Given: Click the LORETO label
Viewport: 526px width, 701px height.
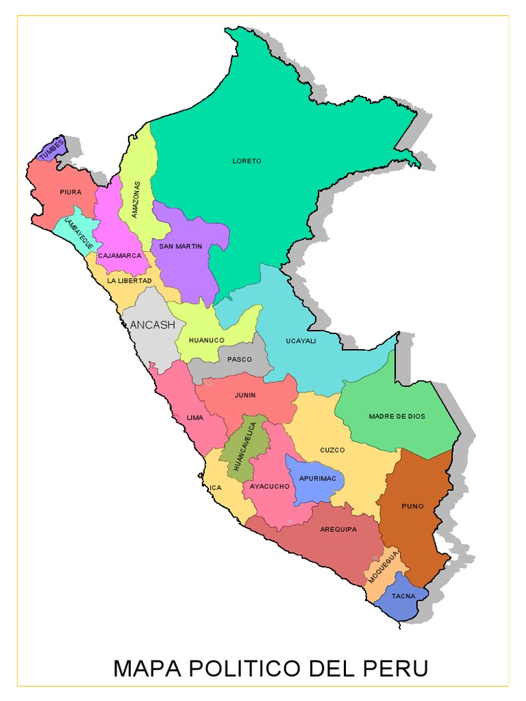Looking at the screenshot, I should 247,161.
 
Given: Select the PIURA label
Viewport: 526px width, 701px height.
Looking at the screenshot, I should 71,192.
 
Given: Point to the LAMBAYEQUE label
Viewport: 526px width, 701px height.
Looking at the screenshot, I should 78,233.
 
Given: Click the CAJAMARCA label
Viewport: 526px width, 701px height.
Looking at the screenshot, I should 119,255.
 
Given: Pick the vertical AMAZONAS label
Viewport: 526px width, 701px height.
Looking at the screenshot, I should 136,199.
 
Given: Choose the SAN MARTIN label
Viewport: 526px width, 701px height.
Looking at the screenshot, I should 181,246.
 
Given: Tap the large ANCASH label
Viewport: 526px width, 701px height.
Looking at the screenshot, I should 152,324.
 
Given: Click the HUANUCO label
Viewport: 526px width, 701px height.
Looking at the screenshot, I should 206,340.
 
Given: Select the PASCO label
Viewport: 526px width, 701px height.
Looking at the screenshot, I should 240,359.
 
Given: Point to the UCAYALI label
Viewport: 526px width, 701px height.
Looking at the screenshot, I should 301,341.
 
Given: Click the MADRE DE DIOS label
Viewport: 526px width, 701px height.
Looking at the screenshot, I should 397,416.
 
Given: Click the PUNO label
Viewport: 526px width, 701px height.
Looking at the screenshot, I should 412,507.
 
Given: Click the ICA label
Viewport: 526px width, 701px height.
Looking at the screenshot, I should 216,488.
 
